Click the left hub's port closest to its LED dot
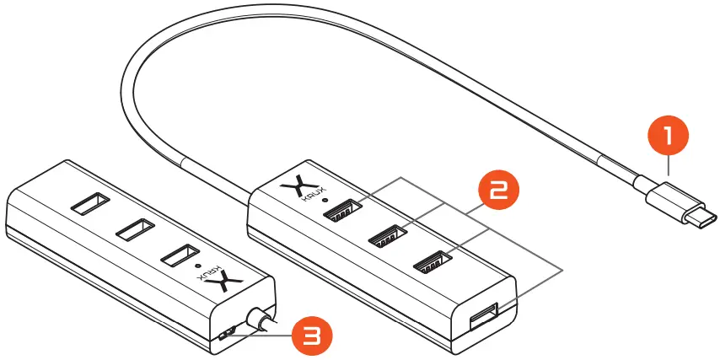[179, 255]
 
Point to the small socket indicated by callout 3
[224, 336]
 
